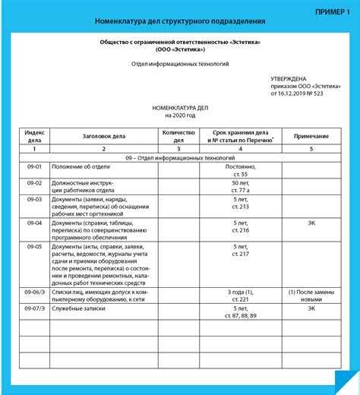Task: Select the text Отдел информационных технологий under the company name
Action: pos(179,65)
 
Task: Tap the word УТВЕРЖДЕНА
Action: pos(291,79)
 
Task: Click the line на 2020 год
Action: pos(179,116)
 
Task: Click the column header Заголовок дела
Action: pos(103,136)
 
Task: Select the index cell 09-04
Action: pos(33,223)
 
